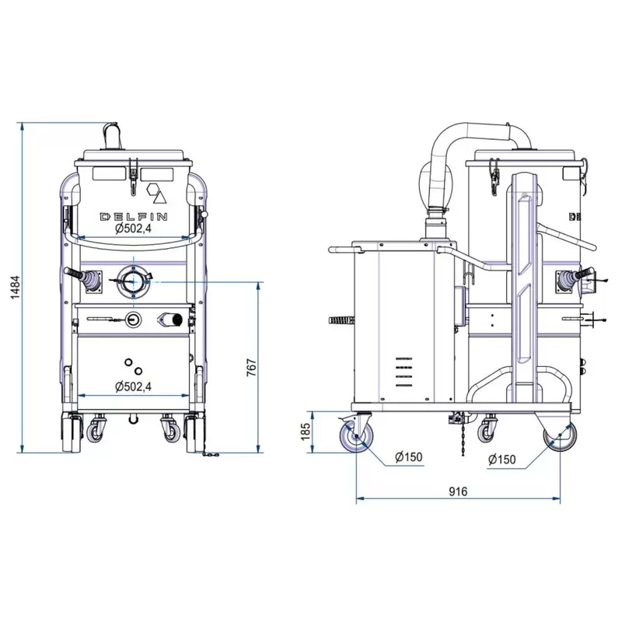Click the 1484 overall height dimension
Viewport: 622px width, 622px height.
click(15, 287)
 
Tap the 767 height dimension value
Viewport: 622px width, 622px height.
click(252, 367)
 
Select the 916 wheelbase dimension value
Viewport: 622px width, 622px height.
click(458, 491)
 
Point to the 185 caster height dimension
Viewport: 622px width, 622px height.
click(306, 432)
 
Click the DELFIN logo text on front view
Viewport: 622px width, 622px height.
click(133, 217)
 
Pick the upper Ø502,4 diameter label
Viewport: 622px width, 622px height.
click(133, 229)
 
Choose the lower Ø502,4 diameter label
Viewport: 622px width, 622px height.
click(133, 386)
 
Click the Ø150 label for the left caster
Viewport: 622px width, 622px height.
click(409, 457)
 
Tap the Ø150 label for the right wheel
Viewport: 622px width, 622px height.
click(501, 460)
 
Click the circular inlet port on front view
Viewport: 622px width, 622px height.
click(133, 282)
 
